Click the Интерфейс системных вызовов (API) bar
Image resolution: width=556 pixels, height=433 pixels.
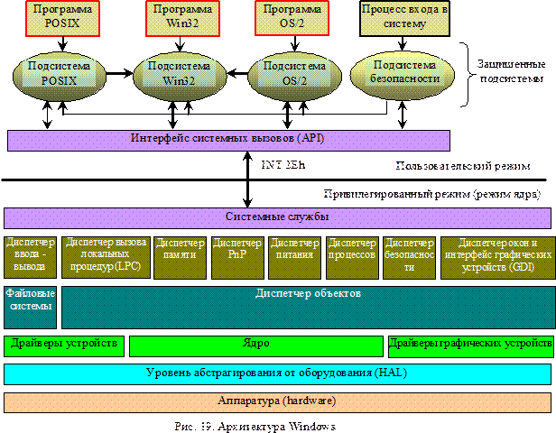[228, 140]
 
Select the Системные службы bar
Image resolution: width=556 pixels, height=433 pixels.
[277, 217]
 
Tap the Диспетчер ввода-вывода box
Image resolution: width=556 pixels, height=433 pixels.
[30, 256]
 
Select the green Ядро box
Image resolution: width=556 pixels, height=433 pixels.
[256, 345]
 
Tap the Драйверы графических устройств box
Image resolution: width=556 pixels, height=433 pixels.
[470, 345]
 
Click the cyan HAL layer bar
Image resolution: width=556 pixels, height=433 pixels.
[277, 373]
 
